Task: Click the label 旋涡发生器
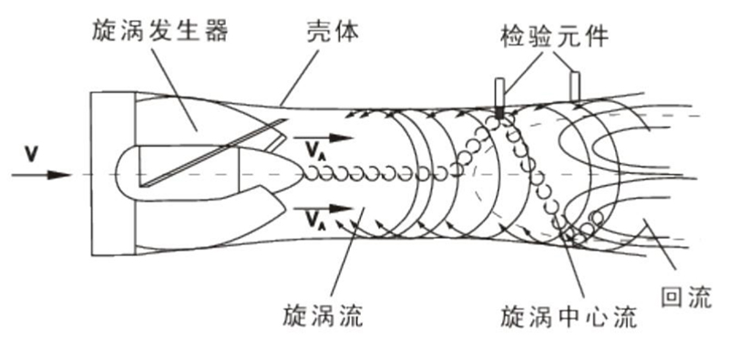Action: (x=159, y=34)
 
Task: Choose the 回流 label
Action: (x=686, y=294)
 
